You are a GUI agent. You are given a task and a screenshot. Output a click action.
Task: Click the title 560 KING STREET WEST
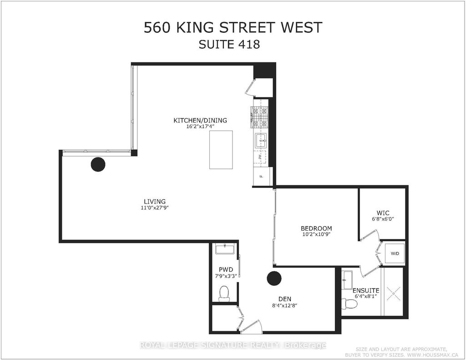point(233,27)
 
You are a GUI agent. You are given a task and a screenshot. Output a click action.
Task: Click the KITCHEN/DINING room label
point(200,121)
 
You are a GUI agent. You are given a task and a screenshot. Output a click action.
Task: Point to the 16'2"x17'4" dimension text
point(200,127)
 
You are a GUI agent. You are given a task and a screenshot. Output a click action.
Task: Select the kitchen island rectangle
point(221,150)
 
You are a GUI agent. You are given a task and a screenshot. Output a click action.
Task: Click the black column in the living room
point(98,164)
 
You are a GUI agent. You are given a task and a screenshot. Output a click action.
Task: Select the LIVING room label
point(155,202)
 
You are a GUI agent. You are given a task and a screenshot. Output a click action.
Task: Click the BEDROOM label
point(316,228)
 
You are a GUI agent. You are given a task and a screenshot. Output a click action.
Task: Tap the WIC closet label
point(383,213)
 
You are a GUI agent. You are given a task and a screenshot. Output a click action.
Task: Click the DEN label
point(286,299)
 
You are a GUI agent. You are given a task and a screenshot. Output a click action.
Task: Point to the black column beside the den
point(274,278)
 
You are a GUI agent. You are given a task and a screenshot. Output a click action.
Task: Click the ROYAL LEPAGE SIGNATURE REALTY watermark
point(233,345)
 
